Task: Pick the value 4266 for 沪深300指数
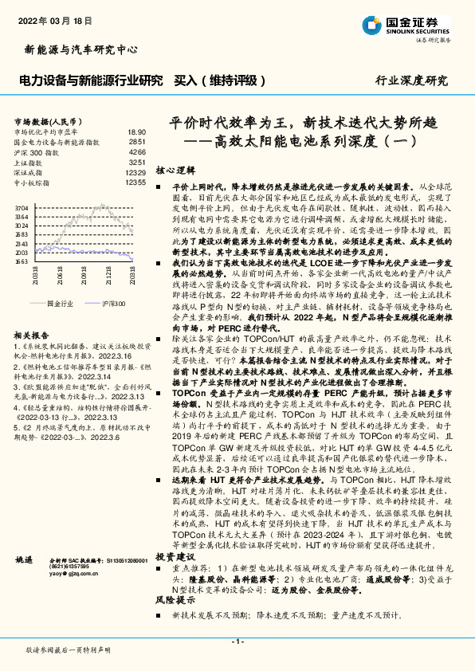coord(137,151)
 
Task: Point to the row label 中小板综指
coord(33,182)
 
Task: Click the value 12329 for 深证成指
coord(135,172)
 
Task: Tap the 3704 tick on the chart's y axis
coord(22,207)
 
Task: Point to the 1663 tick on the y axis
coord(22,261)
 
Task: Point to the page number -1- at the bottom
coord(237,642)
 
